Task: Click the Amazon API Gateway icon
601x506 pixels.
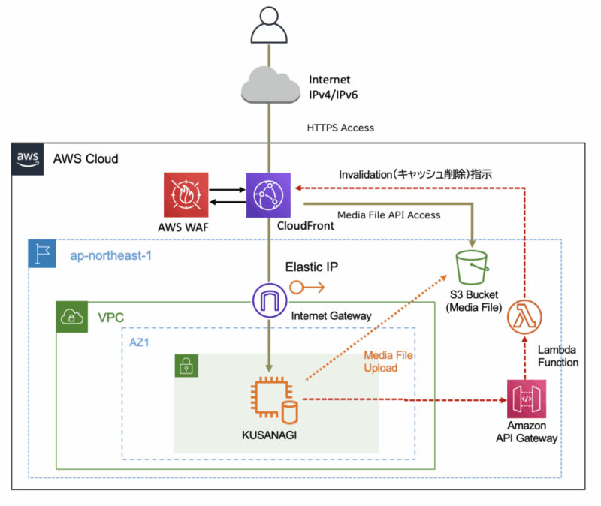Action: coord(526,401)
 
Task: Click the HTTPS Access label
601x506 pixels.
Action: coord(340,128)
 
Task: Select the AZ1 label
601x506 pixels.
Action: coord(141,342)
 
